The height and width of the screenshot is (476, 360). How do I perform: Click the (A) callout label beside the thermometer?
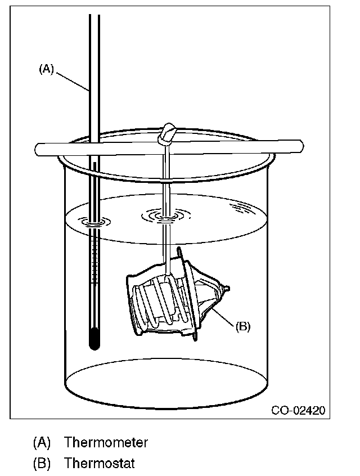(46, 69)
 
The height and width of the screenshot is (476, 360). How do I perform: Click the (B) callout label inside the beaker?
(242, 326)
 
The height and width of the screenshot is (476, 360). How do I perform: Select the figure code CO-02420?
(298, 410)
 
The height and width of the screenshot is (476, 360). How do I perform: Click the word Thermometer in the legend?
(106, 442)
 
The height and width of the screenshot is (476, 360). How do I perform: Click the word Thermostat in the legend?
(99, 464)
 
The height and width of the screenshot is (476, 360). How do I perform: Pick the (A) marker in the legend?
(42, 442)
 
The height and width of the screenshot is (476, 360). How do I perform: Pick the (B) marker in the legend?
(42, 464)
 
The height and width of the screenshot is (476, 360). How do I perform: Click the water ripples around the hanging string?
(165, 215)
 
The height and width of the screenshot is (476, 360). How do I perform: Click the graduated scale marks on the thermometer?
(96, 253)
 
